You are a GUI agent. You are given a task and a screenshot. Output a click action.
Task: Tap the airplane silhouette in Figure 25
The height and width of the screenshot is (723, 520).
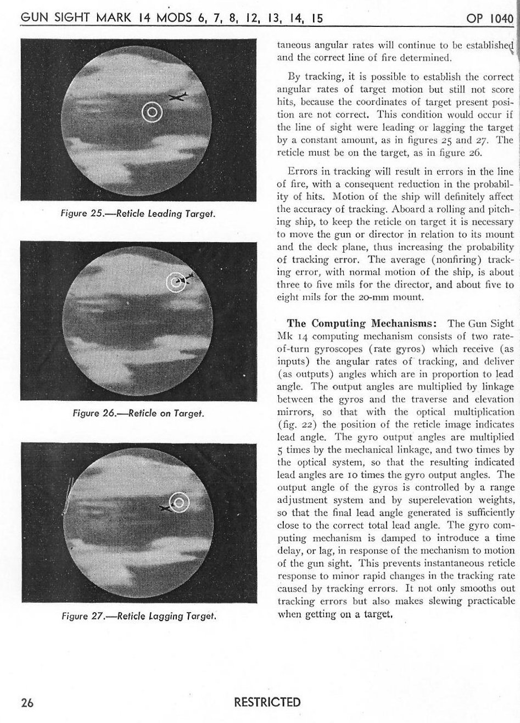click(178, 97)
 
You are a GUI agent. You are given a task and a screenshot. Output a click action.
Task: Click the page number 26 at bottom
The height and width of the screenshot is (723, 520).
click(28, 703)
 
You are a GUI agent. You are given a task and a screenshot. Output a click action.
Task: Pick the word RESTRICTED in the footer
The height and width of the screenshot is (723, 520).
click(267, 703)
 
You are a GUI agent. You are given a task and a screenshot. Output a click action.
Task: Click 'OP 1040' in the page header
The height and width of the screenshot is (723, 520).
click(488, 18)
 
